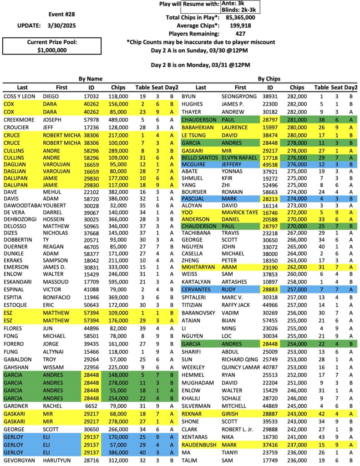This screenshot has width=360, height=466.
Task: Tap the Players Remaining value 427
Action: click(x=241, y=34)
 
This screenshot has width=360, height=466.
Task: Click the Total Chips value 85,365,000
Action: click(x=240, y=17)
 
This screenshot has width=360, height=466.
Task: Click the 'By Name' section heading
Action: click(x=91, y=78)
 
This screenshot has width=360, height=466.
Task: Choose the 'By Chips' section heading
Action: click(x=269, y=78)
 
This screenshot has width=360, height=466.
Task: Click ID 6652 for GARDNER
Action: click(x=90, y=406)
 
